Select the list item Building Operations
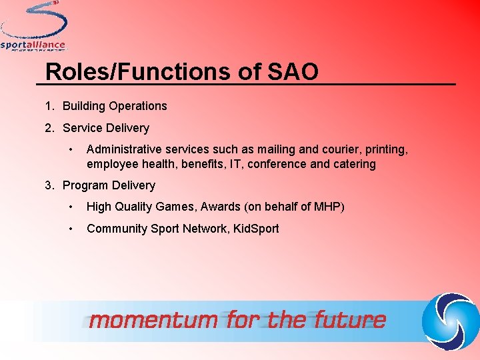click(115, 106)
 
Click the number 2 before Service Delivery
click(49, 128)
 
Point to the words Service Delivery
click(106, 128)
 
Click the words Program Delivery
click(109, 185)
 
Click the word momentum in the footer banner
click(153, 320)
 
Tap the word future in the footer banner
click(349, 320)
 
